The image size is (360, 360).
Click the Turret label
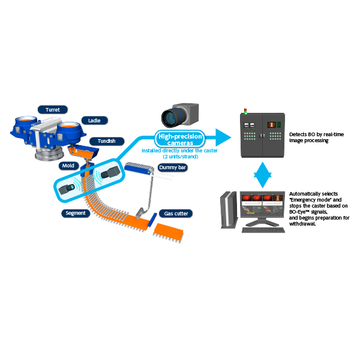[53, 110]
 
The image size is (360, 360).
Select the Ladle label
[94, 121]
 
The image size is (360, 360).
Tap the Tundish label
[107, 141]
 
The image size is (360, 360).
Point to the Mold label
[68, 166]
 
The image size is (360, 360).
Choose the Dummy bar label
[172, 167]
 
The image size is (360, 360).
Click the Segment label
[76, 213]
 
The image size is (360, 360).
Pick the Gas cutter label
[176, 214]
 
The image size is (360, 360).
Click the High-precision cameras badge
[180, 139]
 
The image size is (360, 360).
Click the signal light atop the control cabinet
[245, 111]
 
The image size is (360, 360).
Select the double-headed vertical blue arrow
[263, 175]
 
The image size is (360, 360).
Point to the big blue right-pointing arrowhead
[223, 137]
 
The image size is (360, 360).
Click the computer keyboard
[263, 230]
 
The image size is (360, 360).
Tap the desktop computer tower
[229, 210]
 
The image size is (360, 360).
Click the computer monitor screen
[262, 205]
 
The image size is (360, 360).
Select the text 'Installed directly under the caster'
[179, 151]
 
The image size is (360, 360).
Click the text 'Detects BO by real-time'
[316, 134]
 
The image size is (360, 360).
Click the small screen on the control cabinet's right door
[272, 125]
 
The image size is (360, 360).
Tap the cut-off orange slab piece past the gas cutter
[168, 232]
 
